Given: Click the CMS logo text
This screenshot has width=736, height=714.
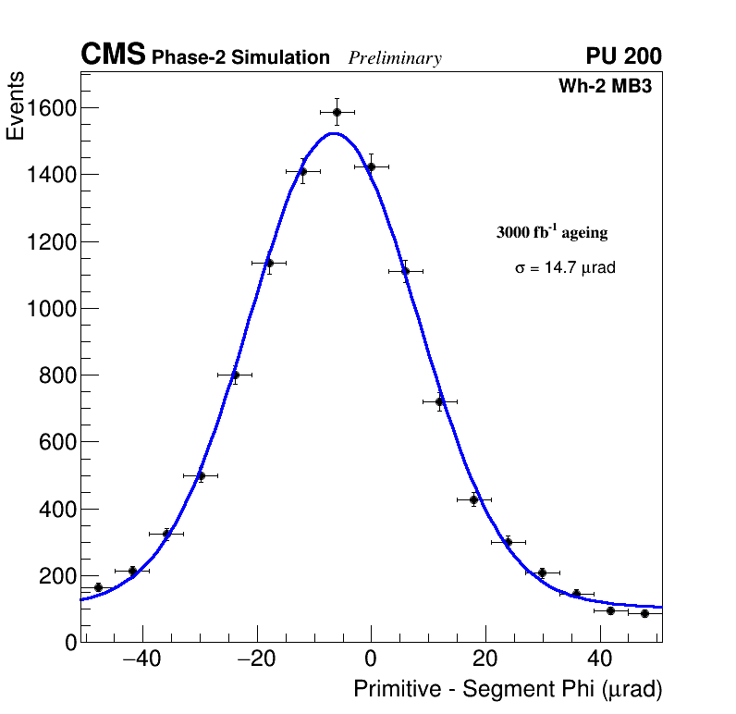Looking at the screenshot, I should point(113,55).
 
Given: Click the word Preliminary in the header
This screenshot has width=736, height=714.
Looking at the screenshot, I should point(395,58).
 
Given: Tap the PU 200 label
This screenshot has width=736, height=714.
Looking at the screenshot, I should point(623,56).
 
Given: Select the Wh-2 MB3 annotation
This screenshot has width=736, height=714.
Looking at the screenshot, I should point(610,87).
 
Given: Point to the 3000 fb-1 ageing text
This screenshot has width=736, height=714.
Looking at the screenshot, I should point(552,232).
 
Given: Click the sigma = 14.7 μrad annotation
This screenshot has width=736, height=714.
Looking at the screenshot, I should point(565,268).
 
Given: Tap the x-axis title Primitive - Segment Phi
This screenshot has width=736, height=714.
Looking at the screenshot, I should point(508,689).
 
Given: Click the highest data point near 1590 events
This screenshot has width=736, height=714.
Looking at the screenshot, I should point(337,112).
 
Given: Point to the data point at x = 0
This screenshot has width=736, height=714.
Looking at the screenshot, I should point(371,166).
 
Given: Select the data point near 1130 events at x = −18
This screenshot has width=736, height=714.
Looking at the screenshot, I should point(269,263).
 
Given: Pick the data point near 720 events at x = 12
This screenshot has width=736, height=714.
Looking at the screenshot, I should point(440,401).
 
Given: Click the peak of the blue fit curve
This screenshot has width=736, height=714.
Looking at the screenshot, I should point(334,133).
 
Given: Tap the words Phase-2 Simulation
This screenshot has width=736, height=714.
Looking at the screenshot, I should point(240,58).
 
